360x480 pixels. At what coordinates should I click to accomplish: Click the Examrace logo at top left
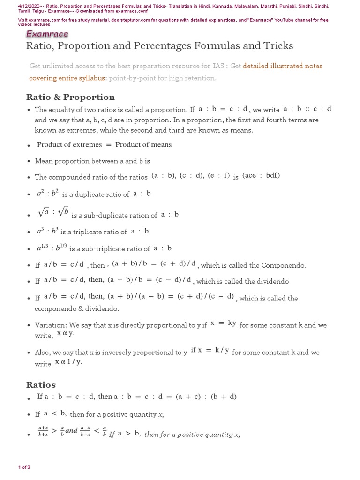47,34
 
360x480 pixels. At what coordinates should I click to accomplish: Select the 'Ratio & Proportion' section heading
70,97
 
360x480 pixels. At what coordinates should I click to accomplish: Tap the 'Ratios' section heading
41,385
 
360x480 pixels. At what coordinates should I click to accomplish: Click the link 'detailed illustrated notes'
283,66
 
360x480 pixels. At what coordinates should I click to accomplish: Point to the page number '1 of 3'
24,467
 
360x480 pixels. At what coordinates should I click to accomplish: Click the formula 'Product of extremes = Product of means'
104,144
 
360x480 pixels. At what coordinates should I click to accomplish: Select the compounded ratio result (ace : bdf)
262,176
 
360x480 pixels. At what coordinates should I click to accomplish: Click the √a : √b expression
53,213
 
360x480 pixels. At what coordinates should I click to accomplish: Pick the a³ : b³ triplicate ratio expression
48,231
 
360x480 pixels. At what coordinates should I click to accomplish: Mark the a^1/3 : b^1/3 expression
52,248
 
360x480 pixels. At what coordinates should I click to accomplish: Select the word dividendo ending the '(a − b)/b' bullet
273,281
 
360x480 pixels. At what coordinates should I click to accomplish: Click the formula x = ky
223,324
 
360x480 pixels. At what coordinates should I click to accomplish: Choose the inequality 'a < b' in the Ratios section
55,413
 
